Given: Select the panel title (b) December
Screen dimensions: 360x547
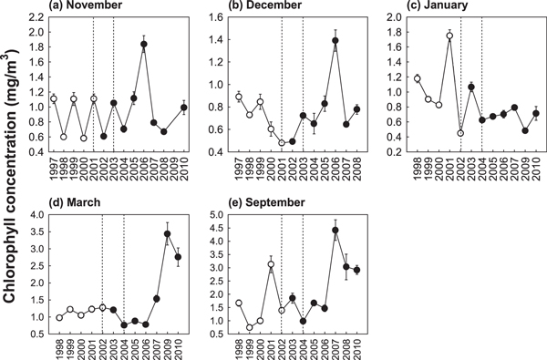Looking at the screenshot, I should (x=257, y=7).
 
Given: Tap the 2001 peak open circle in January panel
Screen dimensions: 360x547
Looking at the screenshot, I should (x=449, y=36).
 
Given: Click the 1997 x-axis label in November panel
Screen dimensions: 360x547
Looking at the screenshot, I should (x=53, y=170).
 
